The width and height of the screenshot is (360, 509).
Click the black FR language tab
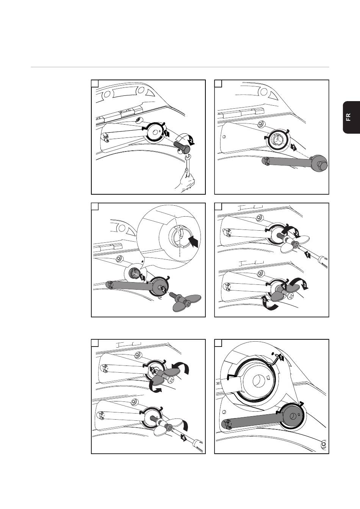(351, 117)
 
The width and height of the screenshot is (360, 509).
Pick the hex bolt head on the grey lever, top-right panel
(321, 163)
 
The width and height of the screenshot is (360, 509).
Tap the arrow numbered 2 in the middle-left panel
(163, 289)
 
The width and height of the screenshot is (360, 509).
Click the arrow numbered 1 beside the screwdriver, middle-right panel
(308, 255)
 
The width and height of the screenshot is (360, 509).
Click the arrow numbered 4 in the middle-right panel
(283, 287)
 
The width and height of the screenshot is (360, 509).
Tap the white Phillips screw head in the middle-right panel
(290, 296)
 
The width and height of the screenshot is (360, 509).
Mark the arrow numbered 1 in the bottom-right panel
(281, 358)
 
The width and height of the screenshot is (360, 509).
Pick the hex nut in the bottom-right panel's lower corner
(324, 444)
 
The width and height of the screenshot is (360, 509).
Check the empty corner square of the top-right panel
(218, 83)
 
